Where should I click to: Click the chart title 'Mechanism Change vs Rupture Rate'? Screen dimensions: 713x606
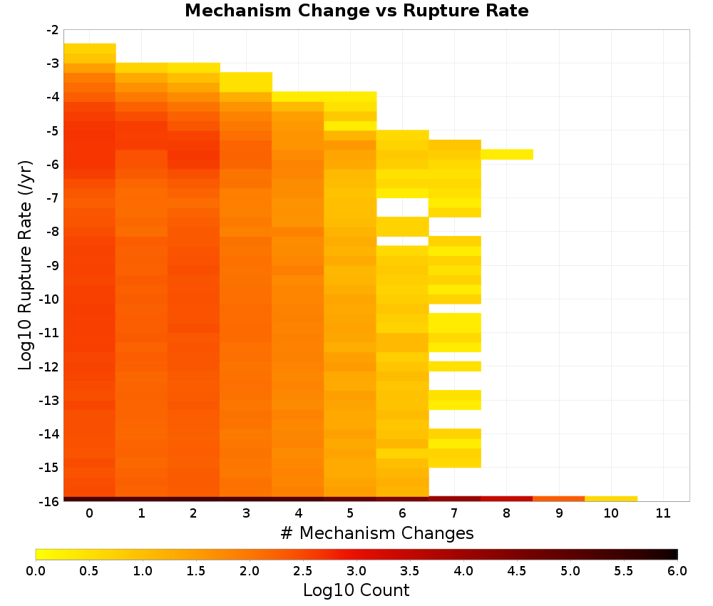356,11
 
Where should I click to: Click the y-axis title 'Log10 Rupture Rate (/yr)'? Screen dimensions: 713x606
25,265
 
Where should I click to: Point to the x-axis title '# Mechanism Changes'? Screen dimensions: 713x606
377,533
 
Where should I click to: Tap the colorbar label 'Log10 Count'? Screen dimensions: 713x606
356,590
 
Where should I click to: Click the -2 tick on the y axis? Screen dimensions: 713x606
53,30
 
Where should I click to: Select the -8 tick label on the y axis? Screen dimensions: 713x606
53,232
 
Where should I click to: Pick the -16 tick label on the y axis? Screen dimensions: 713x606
50,501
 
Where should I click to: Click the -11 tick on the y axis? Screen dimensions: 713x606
50,333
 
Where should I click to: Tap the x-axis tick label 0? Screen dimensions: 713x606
90,513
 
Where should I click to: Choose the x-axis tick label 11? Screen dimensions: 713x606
663,513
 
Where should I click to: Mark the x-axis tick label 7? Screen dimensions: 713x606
455,513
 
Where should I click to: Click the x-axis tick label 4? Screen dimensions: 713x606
298,513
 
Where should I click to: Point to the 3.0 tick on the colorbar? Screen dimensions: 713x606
356,571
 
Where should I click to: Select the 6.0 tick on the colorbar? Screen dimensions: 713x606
677,571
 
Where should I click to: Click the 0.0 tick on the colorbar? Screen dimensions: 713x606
36,571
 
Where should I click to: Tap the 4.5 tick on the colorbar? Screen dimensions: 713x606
517,571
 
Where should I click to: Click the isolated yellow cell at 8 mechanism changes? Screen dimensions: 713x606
507,155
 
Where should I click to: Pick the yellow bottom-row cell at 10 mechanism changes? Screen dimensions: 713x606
611,499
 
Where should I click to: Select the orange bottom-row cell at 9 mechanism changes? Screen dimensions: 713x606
559,499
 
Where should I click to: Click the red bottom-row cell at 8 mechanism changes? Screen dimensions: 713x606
507,499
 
